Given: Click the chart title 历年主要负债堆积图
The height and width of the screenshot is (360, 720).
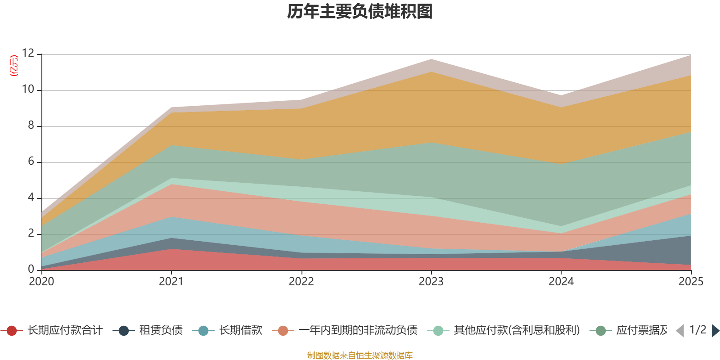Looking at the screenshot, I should pos(360,12).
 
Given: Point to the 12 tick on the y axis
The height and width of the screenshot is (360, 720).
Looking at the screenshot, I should pos(28,54).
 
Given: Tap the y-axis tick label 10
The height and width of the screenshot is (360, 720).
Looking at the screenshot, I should pos(28,90).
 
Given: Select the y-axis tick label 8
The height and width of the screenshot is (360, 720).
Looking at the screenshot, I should pos(31,126).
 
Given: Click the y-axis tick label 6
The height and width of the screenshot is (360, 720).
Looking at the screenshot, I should pos(31,162).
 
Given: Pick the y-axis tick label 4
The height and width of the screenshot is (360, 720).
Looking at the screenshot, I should pos(31,198).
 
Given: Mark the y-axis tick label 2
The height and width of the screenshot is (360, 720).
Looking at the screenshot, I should pos(31,234).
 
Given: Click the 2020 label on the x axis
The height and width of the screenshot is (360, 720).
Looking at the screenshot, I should pos(41,282).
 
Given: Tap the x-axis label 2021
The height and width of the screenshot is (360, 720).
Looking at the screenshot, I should pos(171,282).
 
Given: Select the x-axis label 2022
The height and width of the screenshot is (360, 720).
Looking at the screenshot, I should pos(301,282).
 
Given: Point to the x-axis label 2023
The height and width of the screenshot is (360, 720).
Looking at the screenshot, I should pos(431,282).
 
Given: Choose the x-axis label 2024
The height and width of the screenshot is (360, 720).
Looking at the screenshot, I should pos(561,282).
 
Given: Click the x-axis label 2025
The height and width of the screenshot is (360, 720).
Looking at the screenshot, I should pos(691,282).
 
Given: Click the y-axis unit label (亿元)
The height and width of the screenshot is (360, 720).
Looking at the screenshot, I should pos(14,66).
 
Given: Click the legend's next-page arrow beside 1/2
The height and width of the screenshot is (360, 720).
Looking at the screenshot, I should pos(715,331).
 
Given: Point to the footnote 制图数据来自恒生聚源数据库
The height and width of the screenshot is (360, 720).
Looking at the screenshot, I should pos(360,355).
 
